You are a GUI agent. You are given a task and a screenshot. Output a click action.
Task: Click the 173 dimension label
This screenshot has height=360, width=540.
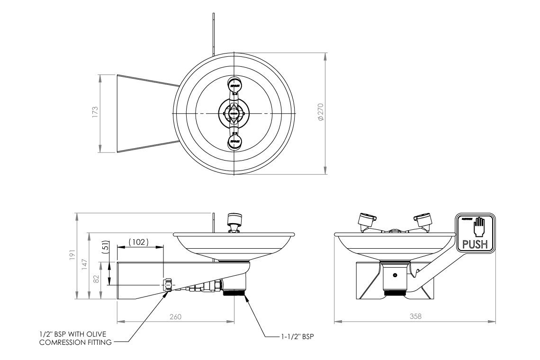tap(95, 112)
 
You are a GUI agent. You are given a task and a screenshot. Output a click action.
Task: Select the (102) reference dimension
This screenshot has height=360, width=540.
tap(140, 242)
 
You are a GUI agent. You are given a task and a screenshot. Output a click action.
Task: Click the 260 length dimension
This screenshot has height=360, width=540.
tap(175, 316)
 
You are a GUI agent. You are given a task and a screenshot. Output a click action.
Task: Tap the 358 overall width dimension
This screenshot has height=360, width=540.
tap(415, 316)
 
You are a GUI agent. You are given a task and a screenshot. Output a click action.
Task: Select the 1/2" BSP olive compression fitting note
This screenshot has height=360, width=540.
tap(76, 339)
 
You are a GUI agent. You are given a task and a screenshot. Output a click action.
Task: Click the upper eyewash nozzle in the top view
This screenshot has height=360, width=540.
tap(234, 85)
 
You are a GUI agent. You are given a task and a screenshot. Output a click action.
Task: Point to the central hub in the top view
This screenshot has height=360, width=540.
tap(234, 113)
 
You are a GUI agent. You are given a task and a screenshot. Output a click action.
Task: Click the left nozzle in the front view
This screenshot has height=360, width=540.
tap(366, 220)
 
